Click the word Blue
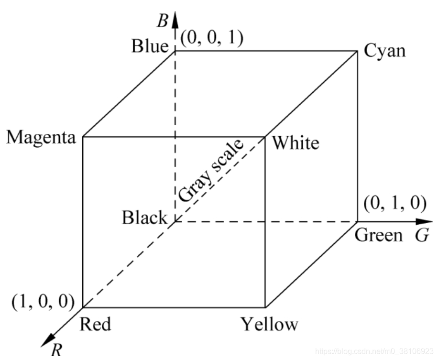tap(150, 47)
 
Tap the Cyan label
tap(384, 50)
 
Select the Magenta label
tap(41, 138)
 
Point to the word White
tap(295, 142)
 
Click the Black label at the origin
tap(145, 218)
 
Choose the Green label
tap(379, 236)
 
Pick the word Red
tap(95, 324)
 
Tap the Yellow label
tap(269, 325)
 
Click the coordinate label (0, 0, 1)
tap(212, 37)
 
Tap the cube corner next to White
tap(265, 137)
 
